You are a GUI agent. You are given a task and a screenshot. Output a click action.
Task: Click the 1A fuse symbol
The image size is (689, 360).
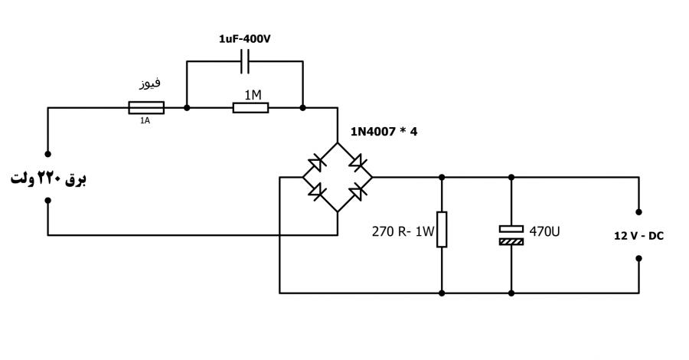click(146, 108)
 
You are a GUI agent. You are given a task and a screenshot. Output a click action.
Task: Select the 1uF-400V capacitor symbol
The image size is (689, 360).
click(245, 61)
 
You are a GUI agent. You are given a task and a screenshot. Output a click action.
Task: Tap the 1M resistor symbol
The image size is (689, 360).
click(250, 108)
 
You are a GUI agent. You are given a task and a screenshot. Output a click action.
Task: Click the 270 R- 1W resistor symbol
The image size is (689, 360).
click(442, 230)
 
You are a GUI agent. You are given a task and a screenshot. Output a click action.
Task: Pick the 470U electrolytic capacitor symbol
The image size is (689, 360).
click(511, 235)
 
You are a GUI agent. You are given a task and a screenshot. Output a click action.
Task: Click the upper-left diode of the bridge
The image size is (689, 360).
click(317, 163)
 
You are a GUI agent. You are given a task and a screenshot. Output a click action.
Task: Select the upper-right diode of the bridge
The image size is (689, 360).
click(358, 162)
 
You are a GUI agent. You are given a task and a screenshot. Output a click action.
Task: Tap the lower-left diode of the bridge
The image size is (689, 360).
click(317, 191)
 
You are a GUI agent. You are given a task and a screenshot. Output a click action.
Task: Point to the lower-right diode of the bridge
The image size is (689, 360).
click(358, 191)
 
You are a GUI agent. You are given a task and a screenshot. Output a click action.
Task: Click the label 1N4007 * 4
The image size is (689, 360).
click(384, 132)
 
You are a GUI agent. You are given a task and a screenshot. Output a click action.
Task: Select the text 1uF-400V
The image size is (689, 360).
click(245, 39)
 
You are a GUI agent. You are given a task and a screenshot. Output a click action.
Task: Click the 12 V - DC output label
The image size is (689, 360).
click(638, 236)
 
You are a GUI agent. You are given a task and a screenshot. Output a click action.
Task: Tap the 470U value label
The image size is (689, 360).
click(544, 231)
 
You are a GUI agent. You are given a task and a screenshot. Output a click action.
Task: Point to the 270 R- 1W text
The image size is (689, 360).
click(403, 231)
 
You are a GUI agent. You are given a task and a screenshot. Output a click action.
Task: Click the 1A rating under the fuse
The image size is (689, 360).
click(145, 120)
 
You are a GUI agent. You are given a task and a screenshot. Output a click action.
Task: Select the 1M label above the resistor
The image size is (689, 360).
click(253, 95)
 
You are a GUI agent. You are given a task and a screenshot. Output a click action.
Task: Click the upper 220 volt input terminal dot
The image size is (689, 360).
click(48, 154)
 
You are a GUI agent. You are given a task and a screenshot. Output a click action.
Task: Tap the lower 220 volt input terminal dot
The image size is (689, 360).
click(48, 201)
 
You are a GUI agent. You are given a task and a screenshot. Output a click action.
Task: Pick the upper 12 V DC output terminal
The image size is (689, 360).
click(639, 212)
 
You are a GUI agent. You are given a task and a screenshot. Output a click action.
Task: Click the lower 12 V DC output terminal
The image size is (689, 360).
click(639, 258)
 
